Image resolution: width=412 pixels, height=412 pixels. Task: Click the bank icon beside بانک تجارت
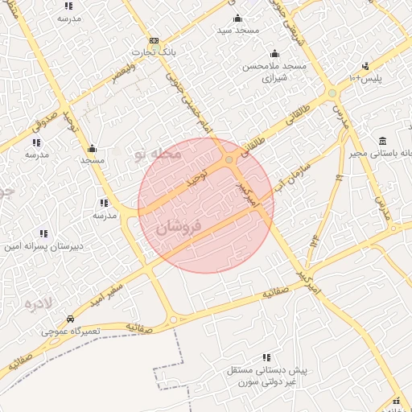[154, 41]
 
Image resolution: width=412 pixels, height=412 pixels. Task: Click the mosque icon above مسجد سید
[237, 19]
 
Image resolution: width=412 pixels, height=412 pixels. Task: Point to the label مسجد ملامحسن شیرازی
[274, 72]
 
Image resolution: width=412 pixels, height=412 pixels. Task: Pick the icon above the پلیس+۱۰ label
[366, 66]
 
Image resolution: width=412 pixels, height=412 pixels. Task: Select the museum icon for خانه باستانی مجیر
[382, 142]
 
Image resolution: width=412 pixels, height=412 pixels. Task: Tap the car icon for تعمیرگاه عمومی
[71, 319]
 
